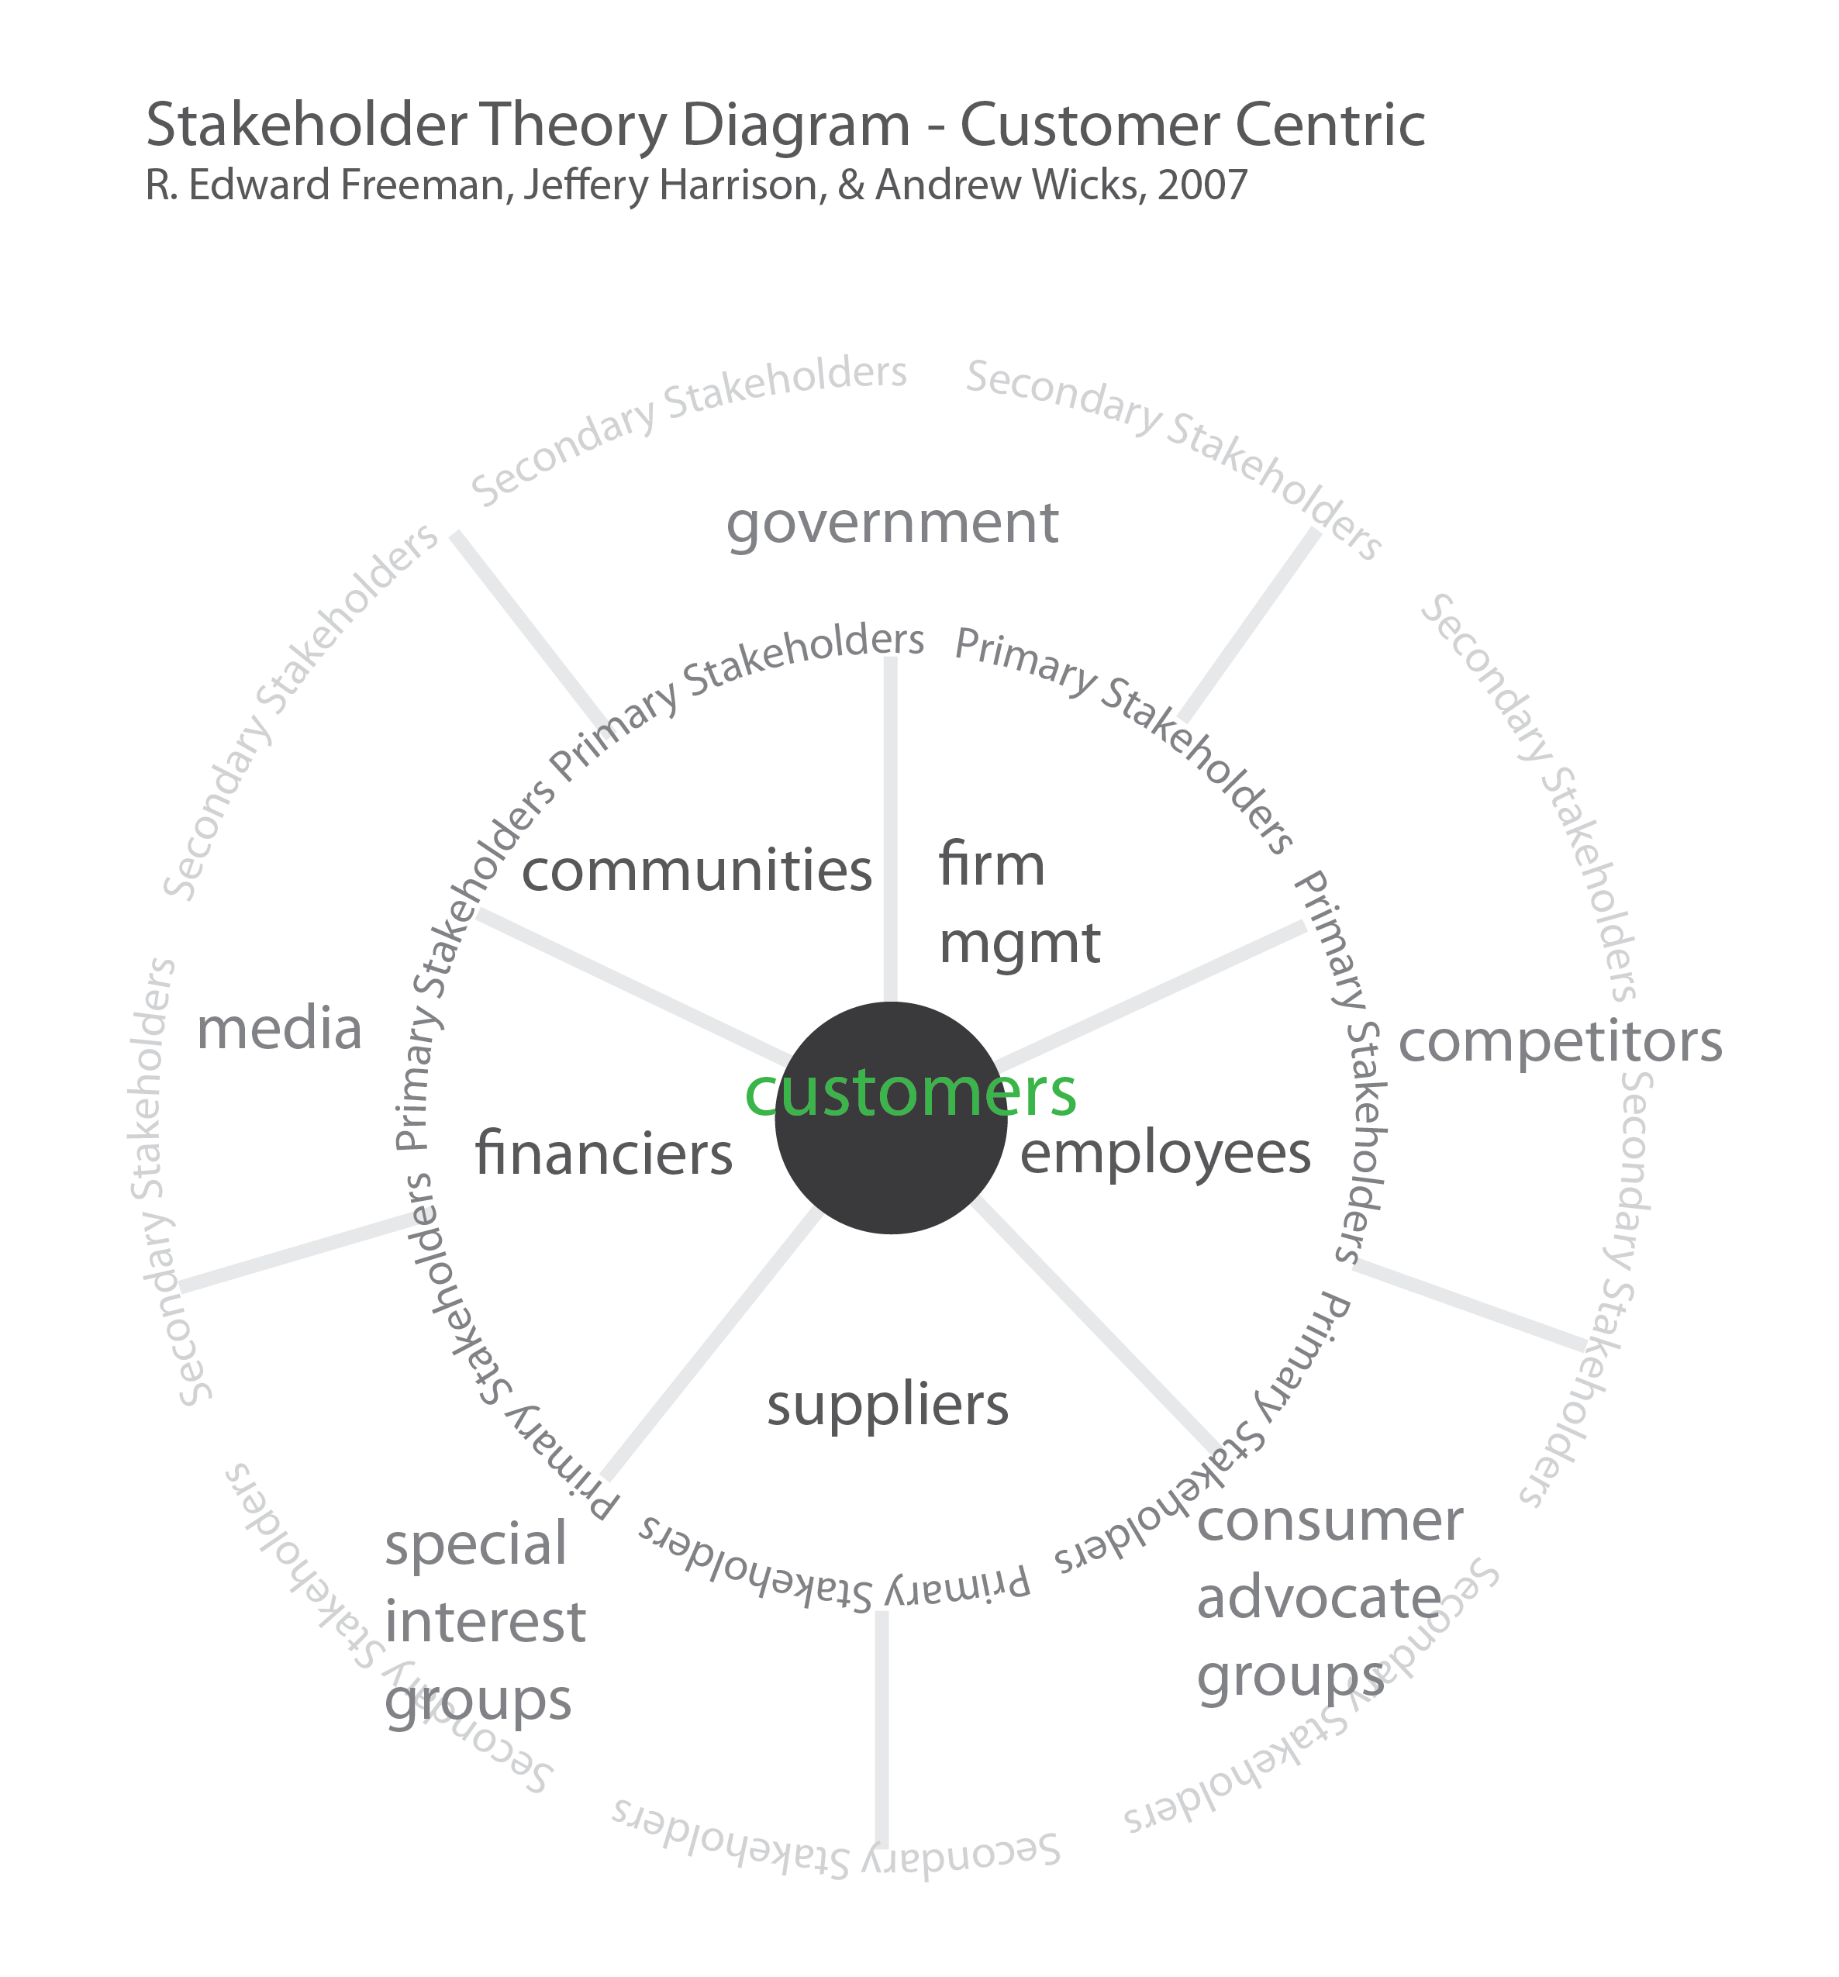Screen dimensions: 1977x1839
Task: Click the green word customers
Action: [909, 1093]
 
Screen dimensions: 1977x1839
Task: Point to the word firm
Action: [991, 864]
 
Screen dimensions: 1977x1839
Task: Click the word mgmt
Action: [1019, 943]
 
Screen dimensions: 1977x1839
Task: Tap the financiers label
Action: [604, 1154]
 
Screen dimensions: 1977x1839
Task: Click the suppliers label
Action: [887, 1405]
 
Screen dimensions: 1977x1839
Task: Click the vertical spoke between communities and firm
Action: [890, 826]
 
